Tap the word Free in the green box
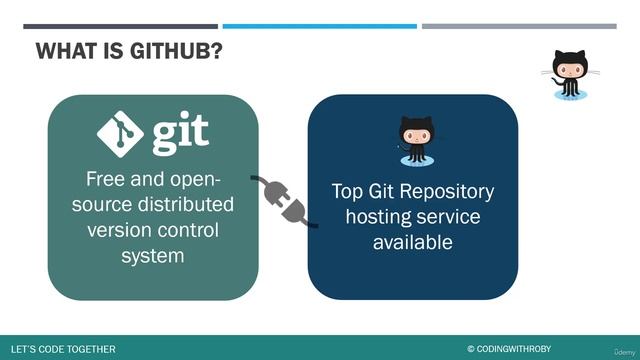pyautogui.click(x=106, y=181)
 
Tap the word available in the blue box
pyautogui.click(x=413, y=242)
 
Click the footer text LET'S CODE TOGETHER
pyautogui.click(x=62, y=349)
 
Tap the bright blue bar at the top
pyautogui.click(x=319, y=26)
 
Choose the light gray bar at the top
pyautogui.click(x=525, y=26)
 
